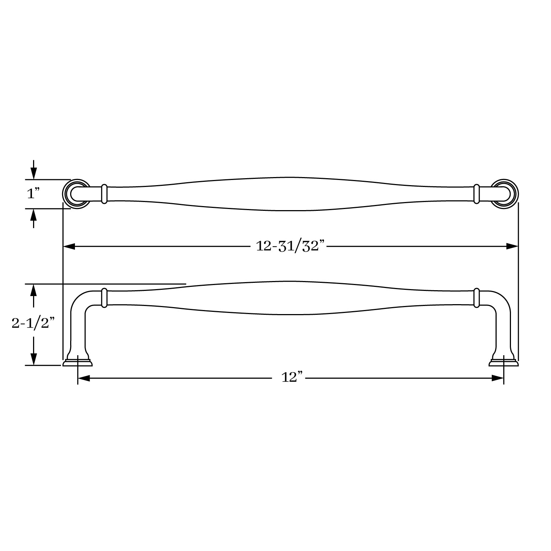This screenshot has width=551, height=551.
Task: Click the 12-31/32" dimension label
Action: tap(291, 246)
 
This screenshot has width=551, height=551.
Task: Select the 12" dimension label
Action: tap(292, 377)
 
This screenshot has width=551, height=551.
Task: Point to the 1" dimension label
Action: tap(33, 194)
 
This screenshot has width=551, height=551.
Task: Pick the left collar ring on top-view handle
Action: tap(104, 194)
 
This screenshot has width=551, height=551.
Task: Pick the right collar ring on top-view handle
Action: tap(477, 194)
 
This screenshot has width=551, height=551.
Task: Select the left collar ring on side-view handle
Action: tap(104, 298)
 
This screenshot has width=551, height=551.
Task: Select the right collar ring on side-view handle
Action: tap(477, 298)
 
